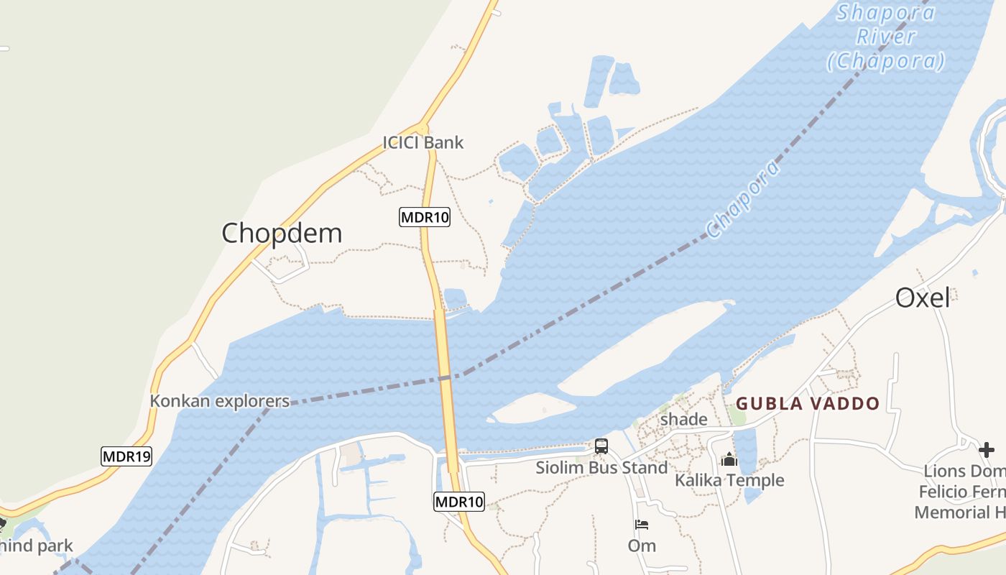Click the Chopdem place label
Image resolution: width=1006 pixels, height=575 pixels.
(282, 234)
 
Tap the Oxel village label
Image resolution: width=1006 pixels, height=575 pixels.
(923, 298)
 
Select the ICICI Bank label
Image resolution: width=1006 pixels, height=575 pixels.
(423, 142)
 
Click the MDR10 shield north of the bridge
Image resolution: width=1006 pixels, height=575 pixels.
(425, 217)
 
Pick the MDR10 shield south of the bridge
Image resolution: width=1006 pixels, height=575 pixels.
(459, 502)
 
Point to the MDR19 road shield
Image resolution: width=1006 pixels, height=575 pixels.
(126, 456)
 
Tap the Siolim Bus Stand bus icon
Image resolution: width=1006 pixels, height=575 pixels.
(601, 446)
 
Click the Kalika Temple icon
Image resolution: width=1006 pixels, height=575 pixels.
(729, 459)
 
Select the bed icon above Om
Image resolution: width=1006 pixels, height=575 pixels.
(642, 525)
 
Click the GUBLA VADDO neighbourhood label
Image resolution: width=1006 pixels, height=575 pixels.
(808, 403)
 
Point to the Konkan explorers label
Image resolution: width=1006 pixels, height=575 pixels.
(219, 401)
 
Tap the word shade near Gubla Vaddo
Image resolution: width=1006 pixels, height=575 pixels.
(683, 419)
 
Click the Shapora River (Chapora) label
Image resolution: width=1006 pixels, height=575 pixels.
(886, 37)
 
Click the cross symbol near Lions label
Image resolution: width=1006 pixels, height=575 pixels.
(987, 450)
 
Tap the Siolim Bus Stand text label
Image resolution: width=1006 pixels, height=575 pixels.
(601, 468)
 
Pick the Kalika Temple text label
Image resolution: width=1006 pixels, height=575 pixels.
(729, 480)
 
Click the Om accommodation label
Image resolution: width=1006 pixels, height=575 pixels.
(642, 546)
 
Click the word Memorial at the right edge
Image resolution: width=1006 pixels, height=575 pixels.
(952, 512)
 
